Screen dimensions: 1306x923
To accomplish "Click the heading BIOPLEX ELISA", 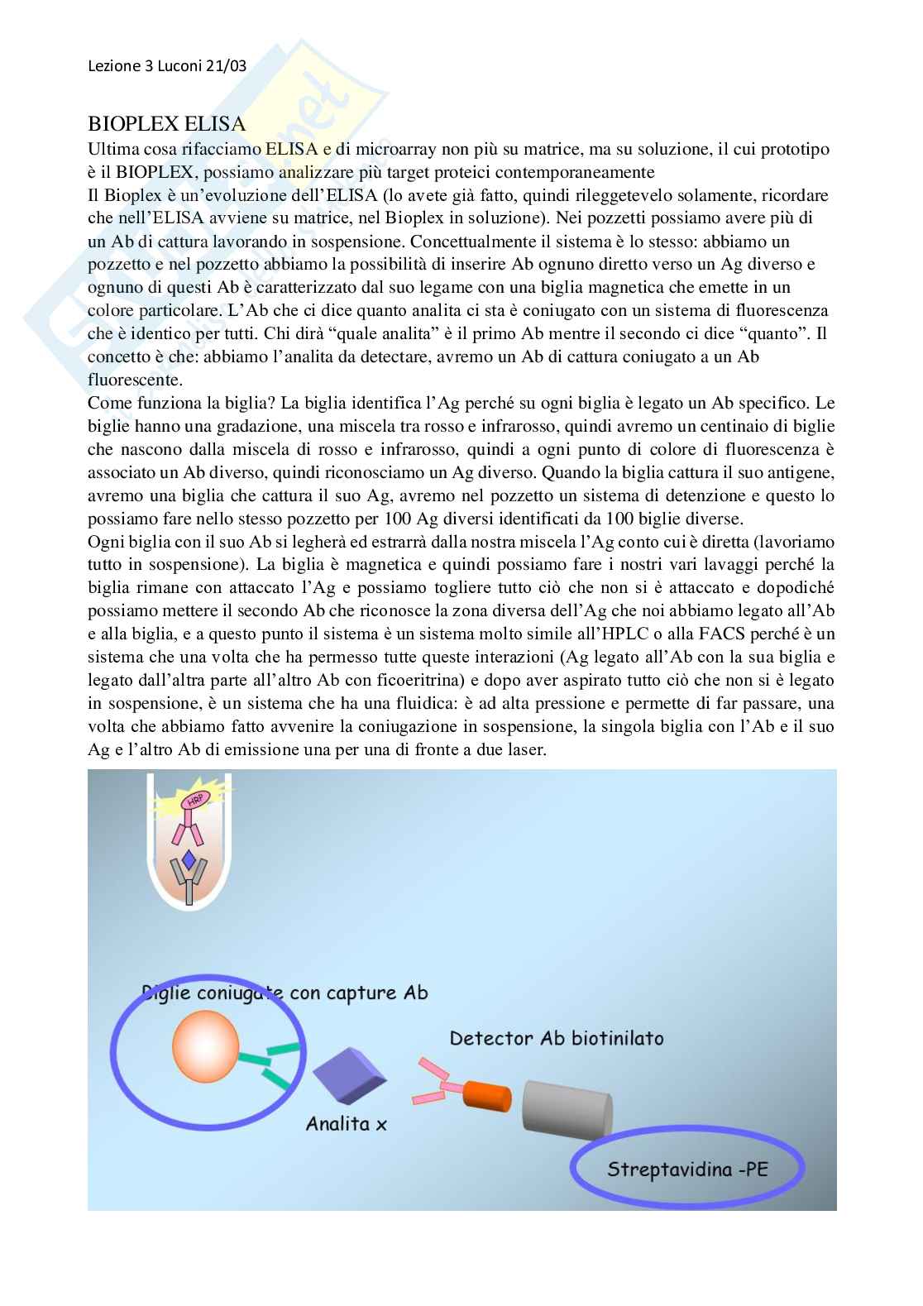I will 166,124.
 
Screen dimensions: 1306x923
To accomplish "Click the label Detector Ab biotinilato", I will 556,1037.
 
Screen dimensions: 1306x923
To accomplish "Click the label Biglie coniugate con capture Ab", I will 285,992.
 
